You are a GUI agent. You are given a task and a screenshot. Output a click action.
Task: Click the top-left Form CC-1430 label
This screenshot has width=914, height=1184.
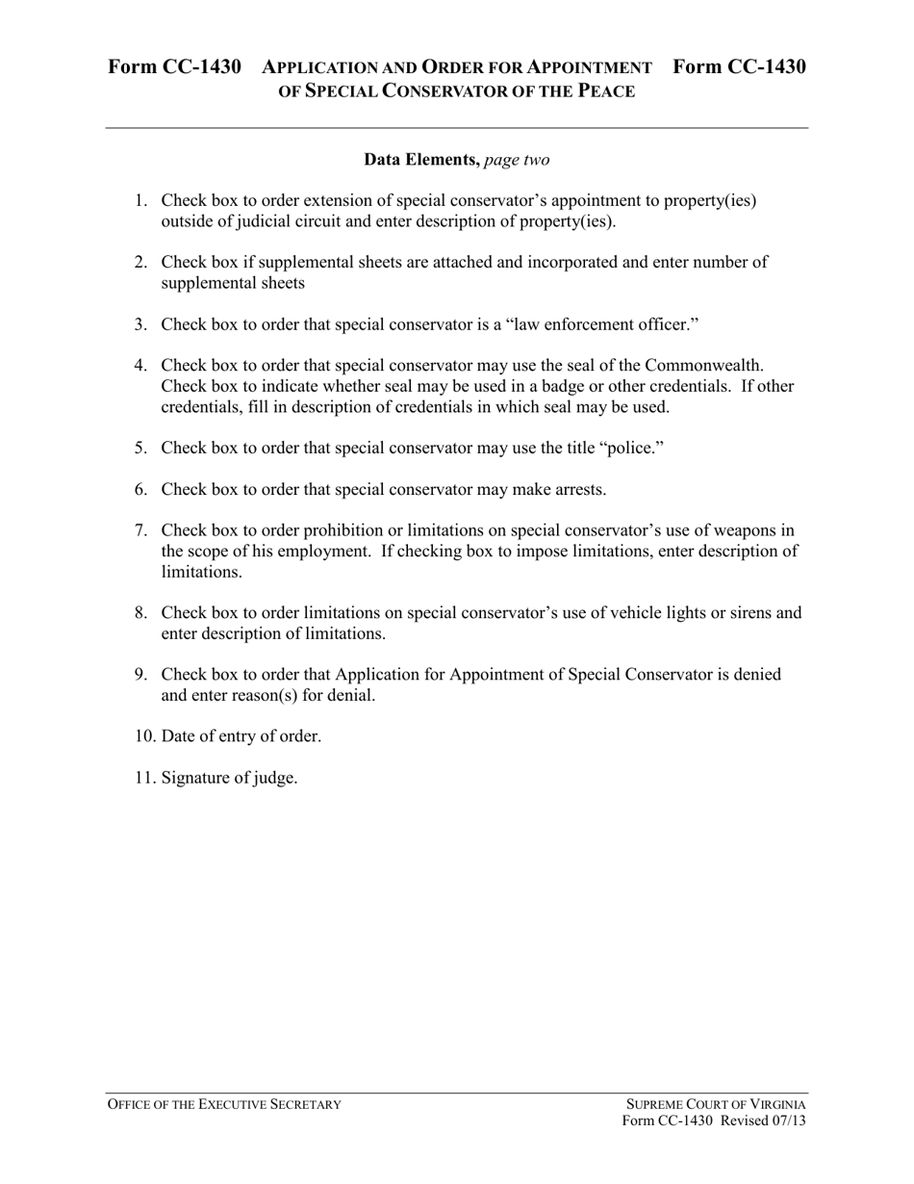(x=174, y=66)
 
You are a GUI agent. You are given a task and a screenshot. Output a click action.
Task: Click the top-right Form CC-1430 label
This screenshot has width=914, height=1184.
(x=739, y=66)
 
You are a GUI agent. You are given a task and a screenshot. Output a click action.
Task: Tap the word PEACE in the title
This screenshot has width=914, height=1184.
(x=604, y=91)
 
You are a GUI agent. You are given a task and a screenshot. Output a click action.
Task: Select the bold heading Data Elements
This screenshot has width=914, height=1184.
(x=421, y=160)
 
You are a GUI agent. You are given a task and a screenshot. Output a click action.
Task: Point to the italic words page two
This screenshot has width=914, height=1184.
(x=518, y=160)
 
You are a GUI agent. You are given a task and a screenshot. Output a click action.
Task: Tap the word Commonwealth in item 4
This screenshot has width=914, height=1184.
(x=704, y=366)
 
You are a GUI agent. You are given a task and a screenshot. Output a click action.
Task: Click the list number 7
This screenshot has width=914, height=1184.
(x=140, y=530)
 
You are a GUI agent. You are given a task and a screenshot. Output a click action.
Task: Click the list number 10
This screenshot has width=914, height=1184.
(x=144, y=736)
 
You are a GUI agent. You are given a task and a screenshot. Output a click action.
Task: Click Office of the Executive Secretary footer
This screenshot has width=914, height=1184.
(x=224, y=1104)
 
